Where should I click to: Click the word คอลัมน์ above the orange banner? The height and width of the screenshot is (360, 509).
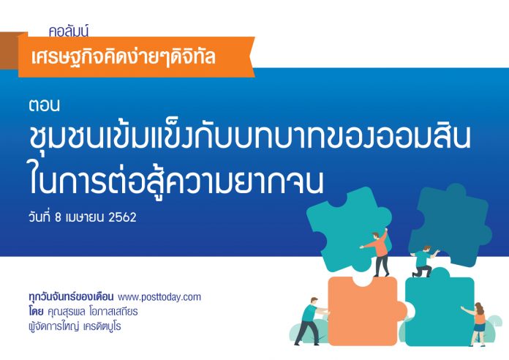coord(69,31)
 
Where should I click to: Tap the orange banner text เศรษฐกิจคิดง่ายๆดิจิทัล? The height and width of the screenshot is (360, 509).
coord(124,57)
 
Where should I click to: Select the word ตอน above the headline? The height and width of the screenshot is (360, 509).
coord(44,105)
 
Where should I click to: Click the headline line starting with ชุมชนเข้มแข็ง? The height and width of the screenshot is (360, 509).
coord(249,136)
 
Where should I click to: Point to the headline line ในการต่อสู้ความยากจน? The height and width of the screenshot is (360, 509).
coord(176,181)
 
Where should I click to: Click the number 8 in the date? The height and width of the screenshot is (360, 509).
coord(58,217)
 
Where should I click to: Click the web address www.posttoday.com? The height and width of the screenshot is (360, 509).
coord(159,297)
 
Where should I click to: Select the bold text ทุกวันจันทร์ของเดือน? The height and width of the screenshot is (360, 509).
coord(71,296)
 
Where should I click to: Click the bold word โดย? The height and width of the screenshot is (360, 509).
coord(36,312)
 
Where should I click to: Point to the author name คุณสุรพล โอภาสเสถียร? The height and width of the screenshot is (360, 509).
coord(93,312)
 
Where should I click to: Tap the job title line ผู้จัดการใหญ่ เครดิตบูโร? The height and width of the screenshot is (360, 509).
coord(75,326)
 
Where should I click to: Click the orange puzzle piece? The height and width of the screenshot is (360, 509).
coord(363,312)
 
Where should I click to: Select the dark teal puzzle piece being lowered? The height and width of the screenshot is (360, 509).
coord(451,224)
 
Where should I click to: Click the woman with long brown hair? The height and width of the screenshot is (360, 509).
coord(477,323)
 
